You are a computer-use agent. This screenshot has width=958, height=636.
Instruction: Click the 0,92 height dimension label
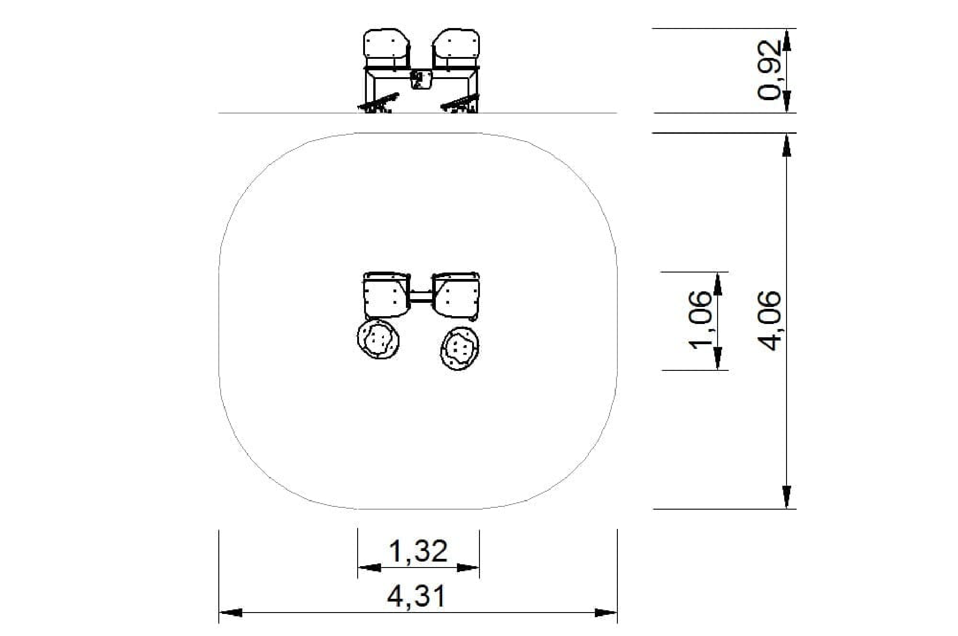point(769,70)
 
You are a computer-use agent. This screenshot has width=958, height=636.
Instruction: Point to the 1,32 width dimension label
point(418,551)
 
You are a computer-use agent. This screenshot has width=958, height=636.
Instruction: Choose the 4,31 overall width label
point(416,597)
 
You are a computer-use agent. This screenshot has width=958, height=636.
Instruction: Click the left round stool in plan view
point(378,340)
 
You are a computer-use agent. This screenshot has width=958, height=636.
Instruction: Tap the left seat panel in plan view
point(386,295)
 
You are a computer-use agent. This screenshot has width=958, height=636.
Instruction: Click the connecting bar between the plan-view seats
point(421,297)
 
